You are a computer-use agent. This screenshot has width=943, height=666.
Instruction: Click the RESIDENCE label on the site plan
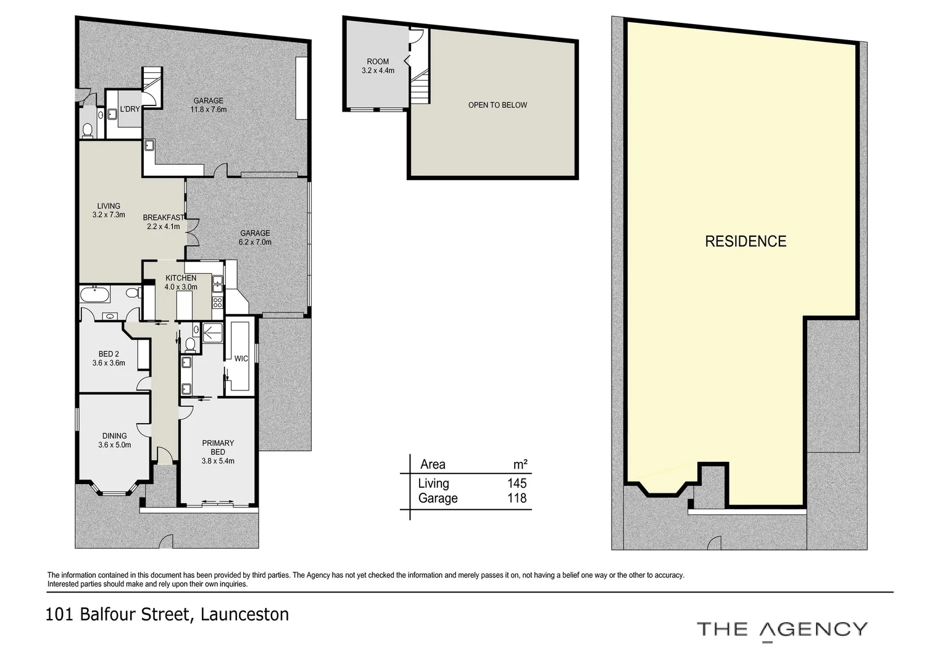746,241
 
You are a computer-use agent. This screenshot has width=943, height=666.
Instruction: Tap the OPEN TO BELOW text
497,105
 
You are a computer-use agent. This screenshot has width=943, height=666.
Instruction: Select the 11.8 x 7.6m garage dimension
209,110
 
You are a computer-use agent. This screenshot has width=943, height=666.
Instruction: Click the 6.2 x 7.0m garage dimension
255,242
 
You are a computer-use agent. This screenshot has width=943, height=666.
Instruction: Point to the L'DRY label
130,109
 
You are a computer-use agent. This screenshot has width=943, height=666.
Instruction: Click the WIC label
241,358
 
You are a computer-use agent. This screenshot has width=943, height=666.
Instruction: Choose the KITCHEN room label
181,278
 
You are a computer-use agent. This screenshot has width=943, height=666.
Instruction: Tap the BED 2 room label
109,354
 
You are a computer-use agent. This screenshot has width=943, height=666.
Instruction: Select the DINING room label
115,436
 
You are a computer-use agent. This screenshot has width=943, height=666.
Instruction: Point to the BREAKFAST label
163,218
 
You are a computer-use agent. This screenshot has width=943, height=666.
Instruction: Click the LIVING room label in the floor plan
109,206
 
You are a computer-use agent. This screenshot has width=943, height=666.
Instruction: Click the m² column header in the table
520,464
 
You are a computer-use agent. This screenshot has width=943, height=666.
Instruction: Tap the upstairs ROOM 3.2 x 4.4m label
378,66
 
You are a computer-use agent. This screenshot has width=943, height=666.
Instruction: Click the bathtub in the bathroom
94,294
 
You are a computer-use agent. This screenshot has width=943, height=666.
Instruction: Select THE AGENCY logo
782,630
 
